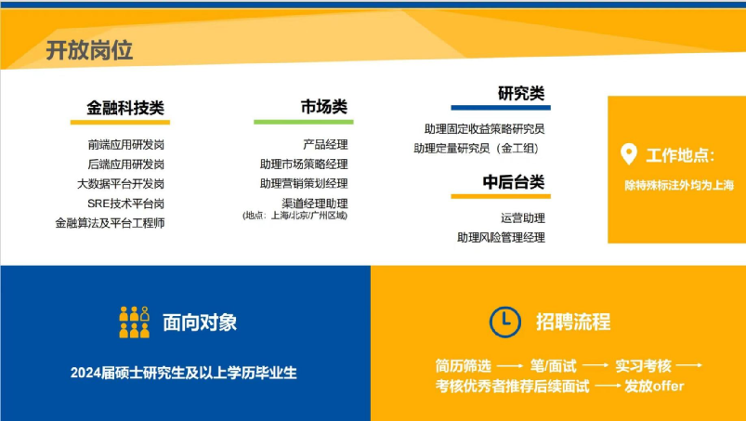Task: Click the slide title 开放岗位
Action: [89, 50]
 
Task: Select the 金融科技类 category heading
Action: [125, 108]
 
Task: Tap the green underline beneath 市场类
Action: [304, 123]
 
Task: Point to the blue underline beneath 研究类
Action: [501, 108]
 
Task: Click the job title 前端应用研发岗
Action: [126, 145]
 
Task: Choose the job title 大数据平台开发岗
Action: [121, 184]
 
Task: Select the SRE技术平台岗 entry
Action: [126, 204]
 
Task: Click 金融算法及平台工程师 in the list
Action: [110, 223]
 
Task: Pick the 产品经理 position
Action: [325, 145]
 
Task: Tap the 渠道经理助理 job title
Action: [315, 204]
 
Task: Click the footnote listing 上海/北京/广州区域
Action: [295, 216]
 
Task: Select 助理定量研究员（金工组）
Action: [476, 149]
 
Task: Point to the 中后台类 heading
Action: [514, 182]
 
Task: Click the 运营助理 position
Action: [523, 217]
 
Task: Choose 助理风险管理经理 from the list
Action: [501, 237]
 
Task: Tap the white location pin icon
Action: [629, 153]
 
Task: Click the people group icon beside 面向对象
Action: [134, 322]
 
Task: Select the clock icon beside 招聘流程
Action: [504, 322]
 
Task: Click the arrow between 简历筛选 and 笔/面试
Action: [510, 366]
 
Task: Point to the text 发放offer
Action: [654, 386]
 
